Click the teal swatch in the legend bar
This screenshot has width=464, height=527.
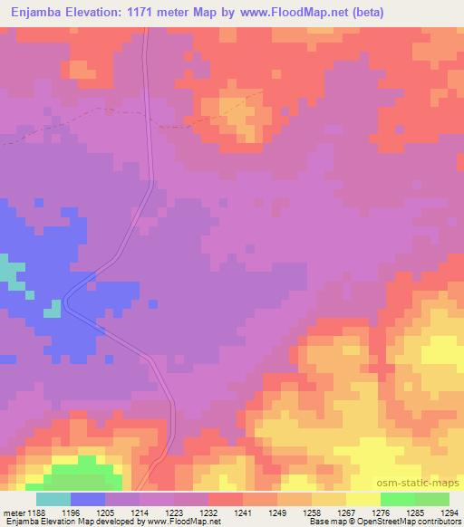coord(53,499)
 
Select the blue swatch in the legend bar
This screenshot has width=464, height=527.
coord(88,499)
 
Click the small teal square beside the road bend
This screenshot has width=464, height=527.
coord(53,309)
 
